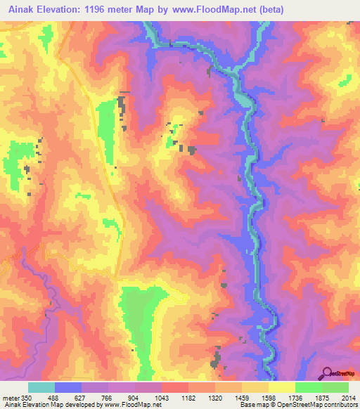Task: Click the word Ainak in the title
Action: (x=18, y=8)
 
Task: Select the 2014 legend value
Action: (x=349, y=397)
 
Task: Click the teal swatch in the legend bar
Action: (x=41, y=387)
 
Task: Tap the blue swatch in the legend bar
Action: (x=68, y=387)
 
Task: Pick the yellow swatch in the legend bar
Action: (x=282, y=387)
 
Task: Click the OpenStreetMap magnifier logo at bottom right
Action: (x=327, y=374)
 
